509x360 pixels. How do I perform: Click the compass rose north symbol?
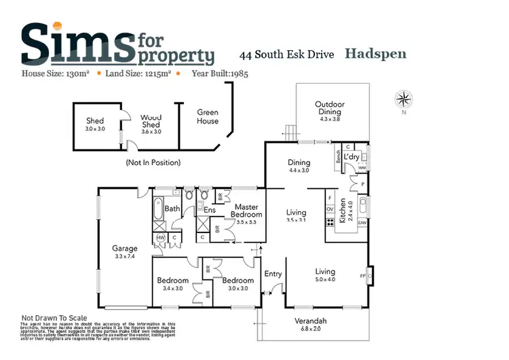tap(404, 100)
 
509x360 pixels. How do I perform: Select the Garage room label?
tap(125, 249)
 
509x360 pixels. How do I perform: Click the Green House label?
tap(208, 117)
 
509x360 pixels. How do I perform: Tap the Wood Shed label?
tap(151, 121)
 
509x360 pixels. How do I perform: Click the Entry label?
tap(273, 274)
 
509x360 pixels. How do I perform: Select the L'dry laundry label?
tap(351, 157)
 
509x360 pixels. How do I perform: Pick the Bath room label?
tap(172, 209)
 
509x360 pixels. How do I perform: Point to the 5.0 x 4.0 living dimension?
tap(325, 279)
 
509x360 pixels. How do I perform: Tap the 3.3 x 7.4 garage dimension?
tap(125, 257)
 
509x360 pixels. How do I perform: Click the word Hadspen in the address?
tap(375, 53)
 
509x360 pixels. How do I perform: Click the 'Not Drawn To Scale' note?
tap(54, 318)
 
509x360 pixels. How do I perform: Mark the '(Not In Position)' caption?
tap(153, 163)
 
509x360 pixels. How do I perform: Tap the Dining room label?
tap(299, 162)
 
